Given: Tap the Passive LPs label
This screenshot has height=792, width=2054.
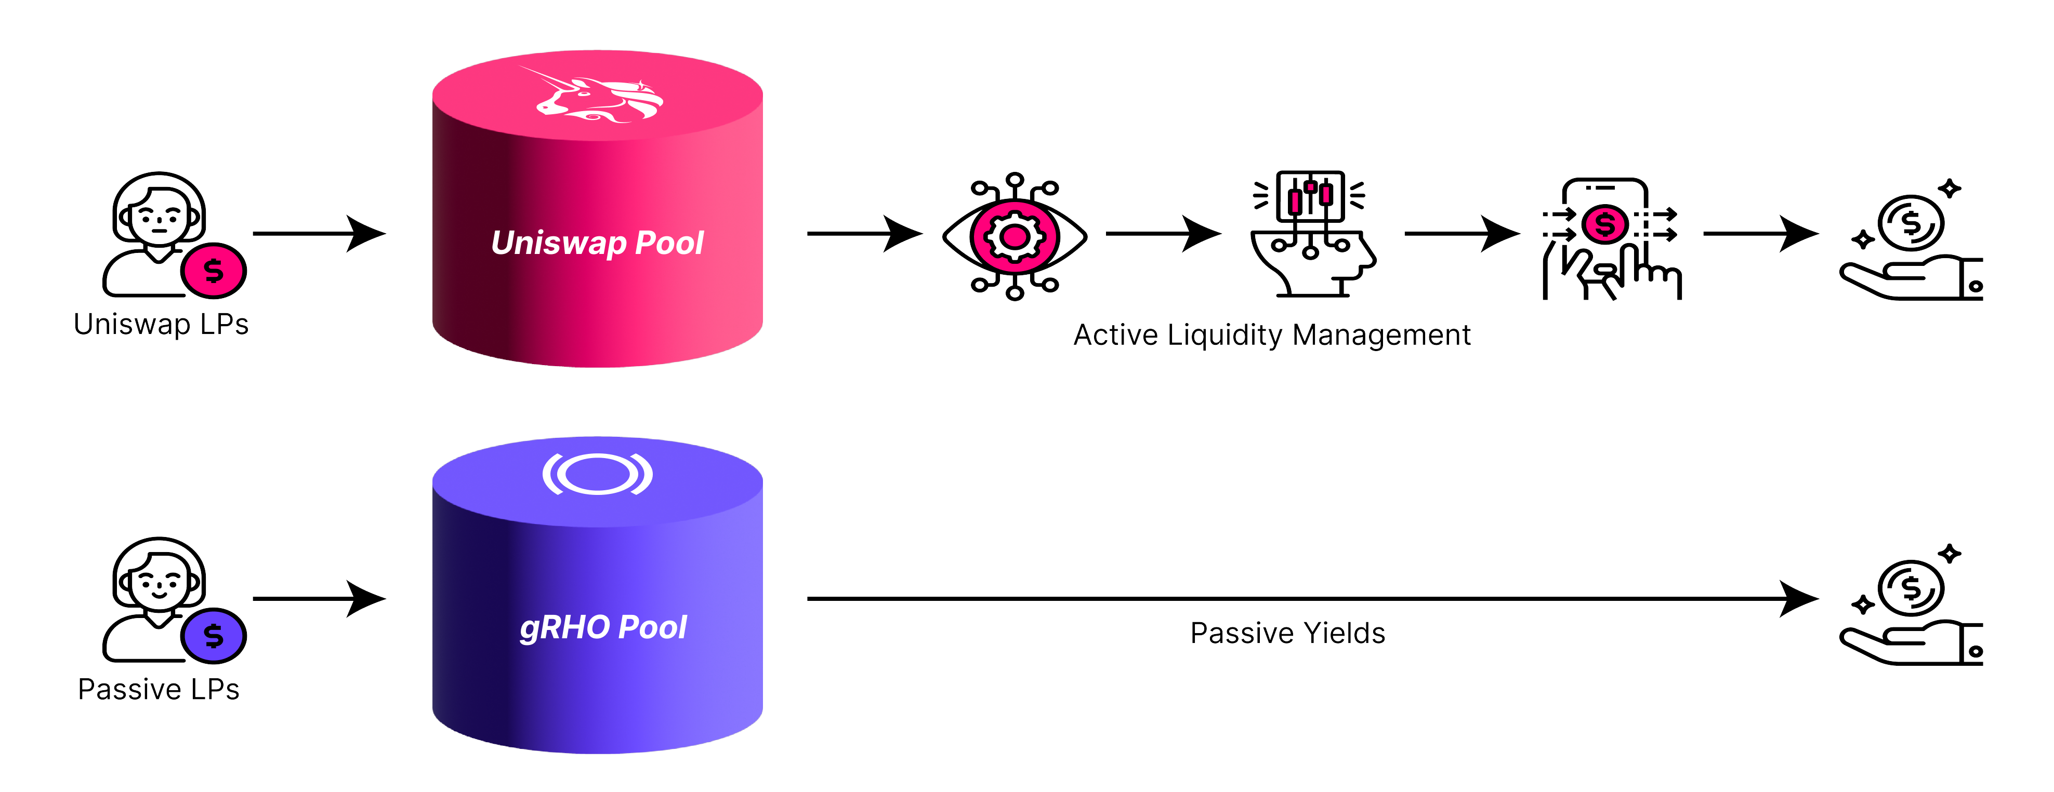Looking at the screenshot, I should click(x=159, y=689).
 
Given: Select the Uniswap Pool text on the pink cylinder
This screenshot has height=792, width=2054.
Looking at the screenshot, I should click(x=597, y=243).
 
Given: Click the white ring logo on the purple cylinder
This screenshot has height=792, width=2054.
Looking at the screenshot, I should click(x=597, y=474).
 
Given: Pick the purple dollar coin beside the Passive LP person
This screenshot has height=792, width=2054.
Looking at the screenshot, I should click(x=214, y=636).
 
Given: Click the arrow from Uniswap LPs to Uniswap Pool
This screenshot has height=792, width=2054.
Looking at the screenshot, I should click(x=319, y=234).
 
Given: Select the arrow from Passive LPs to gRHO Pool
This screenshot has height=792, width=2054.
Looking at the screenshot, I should click(x=319, y=598).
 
